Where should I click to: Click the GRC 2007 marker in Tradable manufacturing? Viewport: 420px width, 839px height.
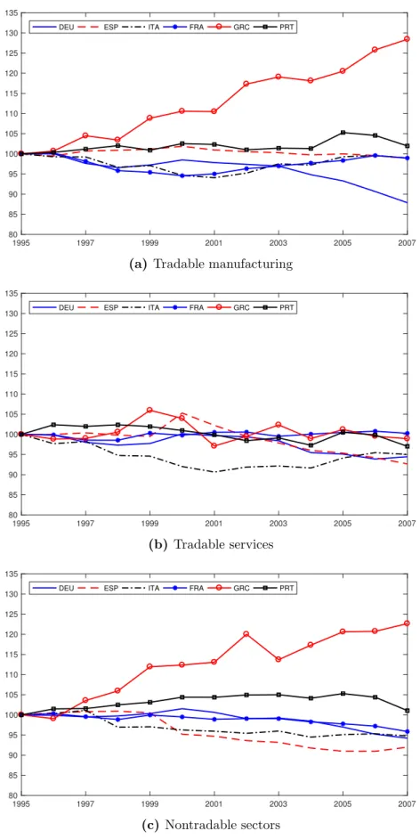pos(407,39)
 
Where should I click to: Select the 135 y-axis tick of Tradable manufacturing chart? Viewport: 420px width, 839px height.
pos(12,12)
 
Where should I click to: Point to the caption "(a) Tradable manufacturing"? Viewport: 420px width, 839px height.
pos(212,264)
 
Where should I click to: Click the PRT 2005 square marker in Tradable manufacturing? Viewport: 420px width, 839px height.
pos(343,132)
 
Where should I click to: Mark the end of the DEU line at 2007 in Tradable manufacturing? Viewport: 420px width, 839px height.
pos(408,203)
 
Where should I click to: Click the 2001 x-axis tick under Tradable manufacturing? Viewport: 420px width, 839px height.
pos(214,240)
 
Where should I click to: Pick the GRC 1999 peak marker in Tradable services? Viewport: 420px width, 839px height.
pos(149,410)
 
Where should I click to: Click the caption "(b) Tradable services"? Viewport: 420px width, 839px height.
pos(212,545)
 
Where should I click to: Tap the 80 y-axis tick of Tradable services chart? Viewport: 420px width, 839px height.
pos(14,516)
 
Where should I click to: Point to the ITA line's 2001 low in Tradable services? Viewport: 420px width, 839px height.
pos(214,472)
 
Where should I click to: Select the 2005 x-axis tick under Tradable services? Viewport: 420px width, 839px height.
pos(343,522)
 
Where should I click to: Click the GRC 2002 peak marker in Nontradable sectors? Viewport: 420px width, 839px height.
pos(246,634)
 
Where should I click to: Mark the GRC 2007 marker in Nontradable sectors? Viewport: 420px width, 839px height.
pos(407,623)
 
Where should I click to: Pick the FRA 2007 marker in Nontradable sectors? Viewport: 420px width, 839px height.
pos(407,731)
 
